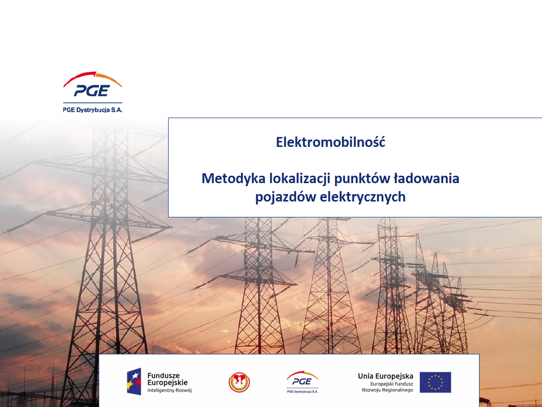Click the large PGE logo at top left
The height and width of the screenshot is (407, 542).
coord(93,84)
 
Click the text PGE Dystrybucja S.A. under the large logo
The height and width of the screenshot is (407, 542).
coord(93,110)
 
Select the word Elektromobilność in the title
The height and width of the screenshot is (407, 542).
coord(330,142)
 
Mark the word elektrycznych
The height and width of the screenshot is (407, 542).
coord(362,197)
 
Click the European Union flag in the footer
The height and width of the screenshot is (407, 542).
coord(435,382)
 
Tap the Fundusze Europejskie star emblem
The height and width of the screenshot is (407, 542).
coord(134,381)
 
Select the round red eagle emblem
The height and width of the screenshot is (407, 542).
coord(239,382)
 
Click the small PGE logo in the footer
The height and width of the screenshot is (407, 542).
coord(302,382)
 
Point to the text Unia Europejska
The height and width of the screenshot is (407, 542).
coord(385,376)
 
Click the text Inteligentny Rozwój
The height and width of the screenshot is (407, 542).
coord(170,390)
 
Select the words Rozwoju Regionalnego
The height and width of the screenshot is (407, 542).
coord(387,390)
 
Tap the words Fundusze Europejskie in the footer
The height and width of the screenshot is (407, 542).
coord(167,379)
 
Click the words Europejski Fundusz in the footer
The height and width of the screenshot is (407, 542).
coord(392,384)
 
